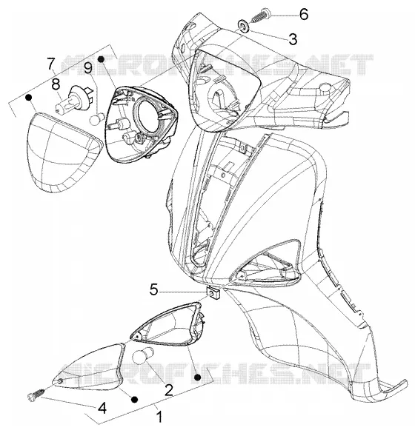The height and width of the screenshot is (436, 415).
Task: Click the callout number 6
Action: coord(304,14)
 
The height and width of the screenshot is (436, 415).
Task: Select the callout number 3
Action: coord(293,39)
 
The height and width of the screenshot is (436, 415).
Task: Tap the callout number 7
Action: coord(50,64)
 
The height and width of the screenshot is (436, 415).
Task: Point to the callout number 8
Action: coord(56,84)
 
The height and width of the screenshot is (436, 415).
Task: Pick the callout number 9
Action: coord(88,67)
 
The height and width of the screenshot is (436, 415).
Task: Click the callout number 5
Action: coord(153,289)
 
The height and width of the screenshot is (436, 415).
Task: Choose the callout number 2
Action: coord(169,390)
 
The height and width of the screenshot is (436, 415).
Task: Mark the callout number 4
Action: coord(102,408)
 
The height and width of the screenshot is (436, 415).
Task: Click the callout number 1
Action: coord(159,417)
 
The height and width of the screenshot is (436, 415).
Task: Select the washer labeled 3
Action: coord(244,27)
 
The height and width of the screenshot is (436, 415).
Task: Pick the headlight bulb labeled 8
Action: coord(73,98)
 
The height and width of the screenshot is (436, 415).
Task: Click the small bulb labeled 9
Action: coord(97,118)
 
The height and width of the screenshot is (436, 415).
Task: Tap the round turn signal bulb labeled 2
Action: coord(143,355)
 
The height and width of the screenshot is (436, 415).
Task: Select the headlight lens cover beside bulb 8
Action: coord(64,152)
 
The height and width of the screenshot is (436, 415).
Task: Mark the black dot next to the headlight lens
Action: coord(28,97)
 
